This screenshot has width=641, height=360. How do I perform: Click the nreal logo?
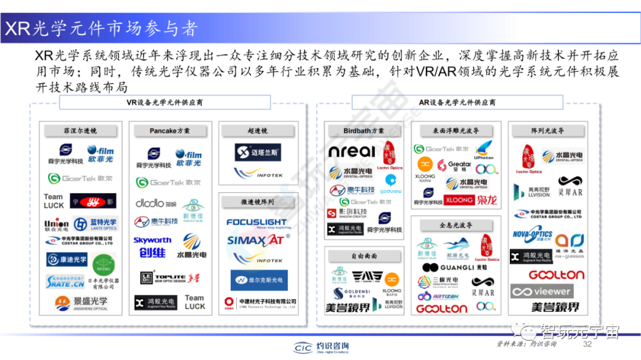(353, 151)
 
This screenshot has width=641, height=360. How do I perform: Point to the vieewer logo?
(541, 291)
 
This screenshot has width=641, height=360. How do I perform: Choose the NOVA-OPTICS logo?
(532, 235)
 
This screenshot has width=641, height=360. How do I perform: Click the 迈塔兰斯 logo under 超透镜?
(256, 152)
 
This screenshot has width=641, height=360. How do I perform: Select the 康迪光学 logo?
(66, 259)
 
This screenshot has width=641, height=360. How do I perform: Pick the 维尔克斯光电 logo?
(257, 279)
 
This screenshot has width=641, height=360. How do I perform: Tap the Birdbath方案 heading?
(363, 130)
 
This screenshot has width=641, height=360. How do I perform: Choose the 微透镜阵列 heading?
(256, 202)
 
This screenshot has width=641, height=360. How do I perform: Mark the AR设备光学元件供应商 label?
(457, 103)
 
